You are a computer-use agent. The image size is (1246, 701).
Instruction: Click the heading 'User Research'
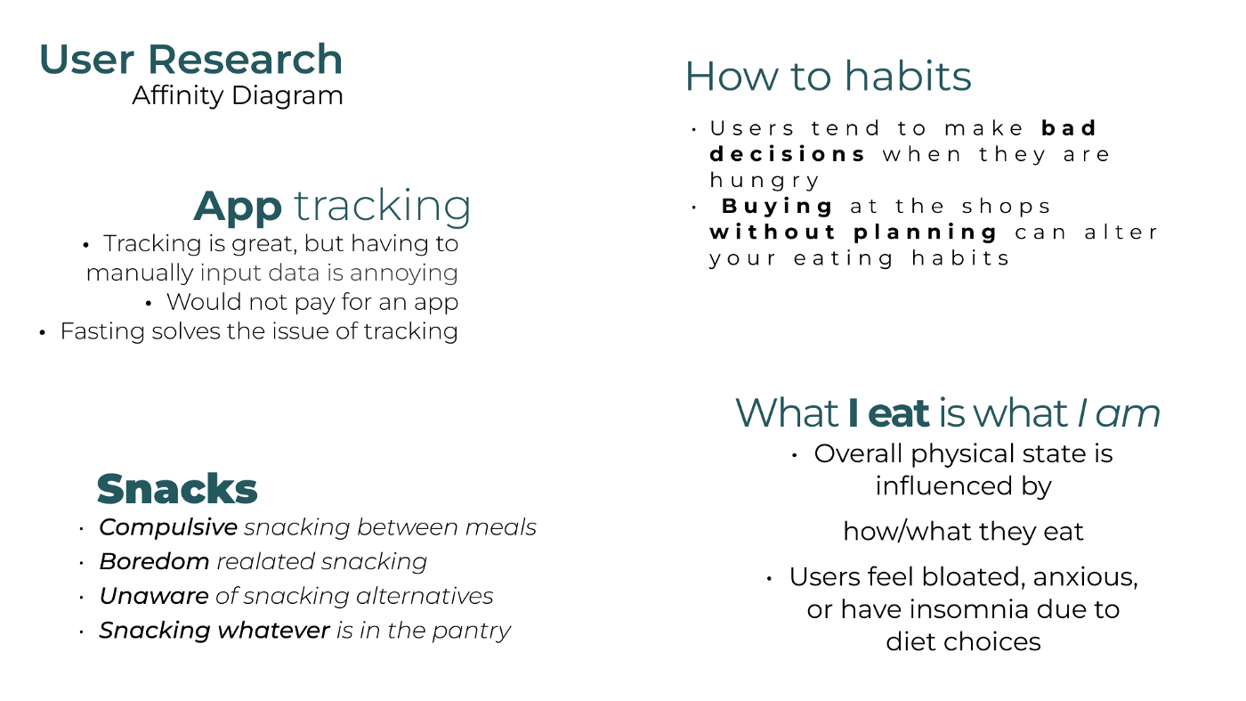190,59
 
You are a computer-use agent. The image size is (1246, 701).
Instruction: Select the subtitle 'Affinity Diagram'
238,96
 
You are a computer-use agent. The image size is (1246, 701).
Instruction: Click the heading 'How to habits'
829,76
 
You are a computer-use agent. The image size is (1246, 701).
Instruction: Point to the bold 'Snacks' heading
177,489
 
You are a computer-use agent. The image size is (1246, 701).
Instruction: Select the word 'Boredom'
154,561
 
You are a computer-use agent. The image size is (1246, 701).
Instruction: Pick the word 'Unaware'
154,596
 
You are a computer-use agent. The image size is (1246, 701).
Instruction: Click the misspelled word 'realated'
266,561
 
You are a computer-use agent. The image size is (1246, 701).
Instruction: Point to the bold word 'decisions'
787,154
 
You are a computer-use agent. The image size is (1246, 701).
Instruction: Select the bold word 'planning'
926,232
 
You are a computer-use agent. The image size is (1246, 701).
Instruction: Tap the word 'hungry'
765,181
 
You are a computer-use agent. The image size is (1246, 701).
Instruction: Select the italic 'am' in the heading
1128,414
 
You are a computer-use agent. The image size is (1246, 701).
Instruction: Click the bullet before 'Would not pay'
149,304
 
